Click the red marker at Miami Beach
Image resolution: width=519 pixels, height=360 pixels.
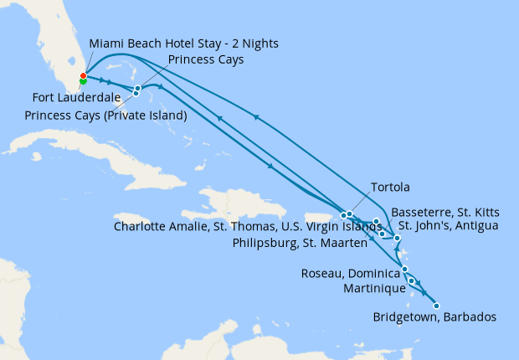tap(83, 76)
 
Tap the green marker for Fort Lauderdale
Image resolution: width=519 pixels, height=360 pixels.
tap(83, 81)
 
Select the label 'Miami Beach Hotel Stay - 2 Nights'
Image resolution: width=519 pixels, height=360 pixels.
tap(183, 43)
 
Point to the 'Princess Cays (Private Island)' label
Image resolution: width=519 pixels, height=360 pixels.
tap(105, 115)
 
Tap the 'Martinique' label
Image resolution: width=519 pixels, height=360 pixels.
tap(372, 287)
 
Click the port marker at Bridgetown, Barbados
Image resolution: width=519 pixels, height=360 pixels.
tap(436, 306)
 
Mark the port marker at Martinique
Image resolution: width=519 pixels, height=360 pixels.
tap(411, 280)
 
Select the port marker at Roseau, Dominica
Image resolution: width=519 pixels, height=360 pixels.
tap(405, 269)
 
